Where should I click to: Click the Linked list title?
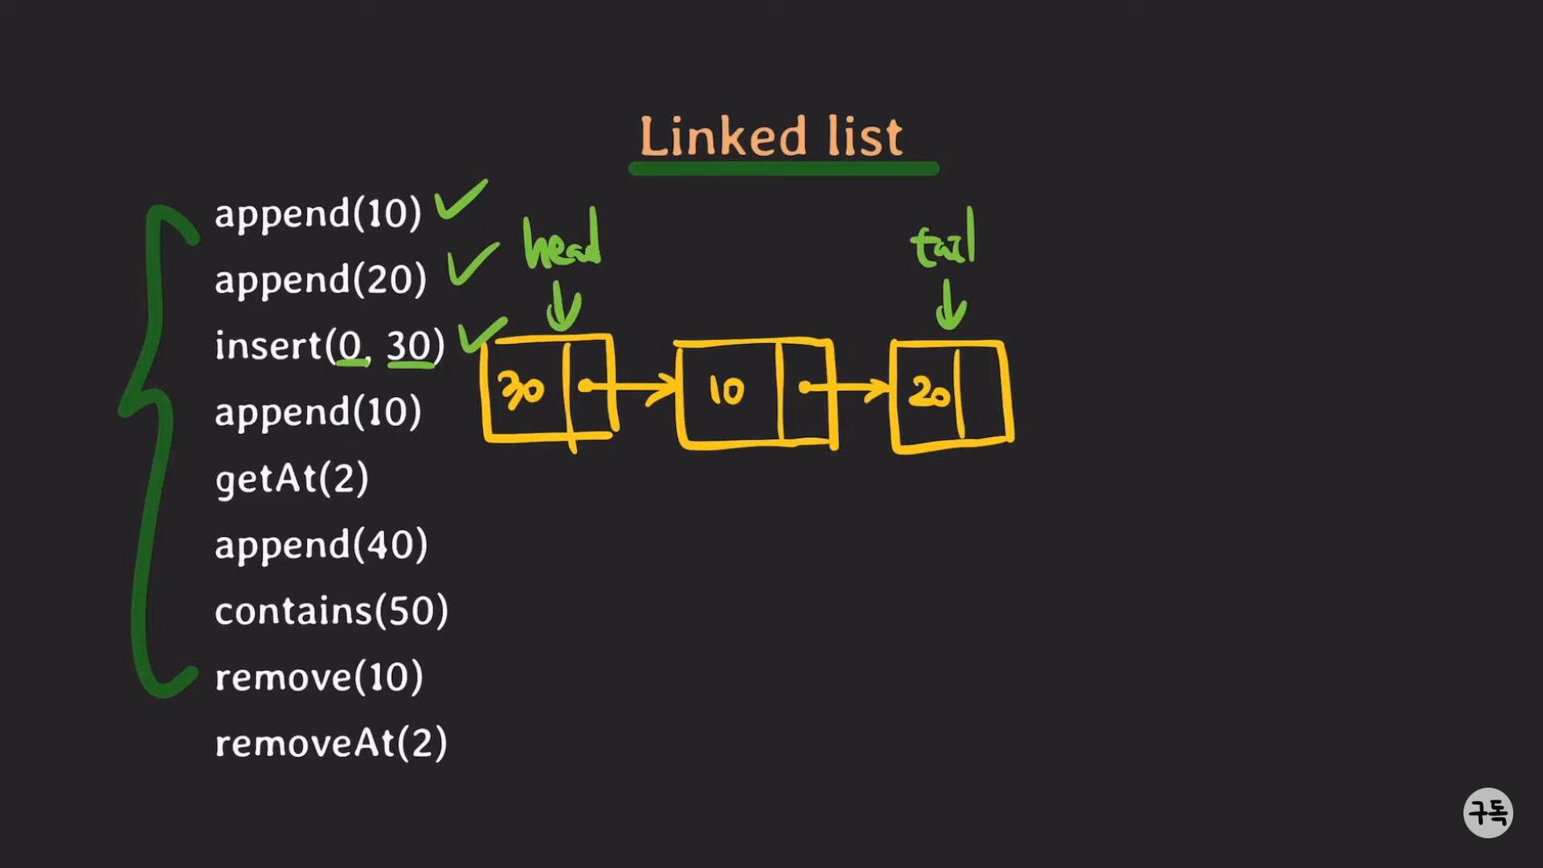(x=771, y=137)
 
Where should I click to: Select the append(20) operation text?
(x=320, y=280)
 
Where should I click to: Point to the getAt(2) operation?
(x=292, y=479)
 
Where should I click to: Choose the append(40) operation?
(x=321, y=545)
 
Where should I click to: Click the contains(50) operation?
(x=331, y=612)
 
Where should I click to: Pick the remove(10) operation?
(x=318, y=678)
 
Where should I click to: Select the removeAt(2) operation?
(x=330, y=743)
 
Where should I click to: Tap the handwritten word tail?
(x=944, y=241)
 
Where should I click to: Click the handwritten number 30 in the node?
(x=522, y=391)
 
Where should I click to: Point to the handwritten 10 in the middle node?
(x=726, y=391)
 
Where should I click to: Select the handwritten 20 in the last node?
(x=930, y=393)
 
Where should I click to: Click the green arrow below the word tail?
(x=950, y=306)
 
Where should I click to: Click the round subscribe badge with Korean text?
(x=1488, y=813)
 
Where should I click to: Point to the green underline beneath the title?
(x=784, y=169)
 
